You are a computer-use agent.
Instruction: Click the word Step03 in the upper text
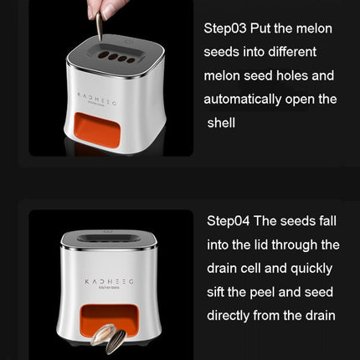coord(226,28)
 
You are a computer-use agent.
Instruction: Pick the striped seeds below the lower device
coord(111,340)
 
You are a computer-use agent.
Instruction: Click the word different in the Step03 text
coord(301,52)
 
